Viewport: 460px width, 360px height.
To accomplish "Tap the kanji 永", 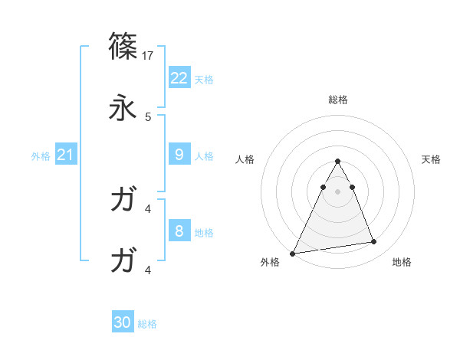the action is (123, 108).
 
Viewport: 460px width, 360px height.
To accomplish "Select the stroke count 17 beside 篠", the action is (149, 56).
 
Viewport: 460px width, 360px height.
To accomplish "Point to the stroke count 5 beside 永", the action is (148, 117).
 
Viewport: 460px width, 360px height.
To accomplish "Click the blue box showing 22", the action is (179, 77).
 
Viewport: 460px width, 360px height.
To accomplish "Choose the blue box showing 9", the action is (179, 154).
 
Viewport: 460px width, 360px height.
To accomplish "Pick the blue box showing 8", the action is (179, 230).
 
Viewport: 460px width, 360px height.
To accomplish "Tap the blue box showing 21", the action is (66, 155).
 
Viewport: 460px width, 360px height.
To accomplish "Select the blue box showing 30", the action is (123, 322).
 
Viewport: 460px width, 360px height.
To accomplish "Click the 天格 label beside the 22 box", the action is (204, 79).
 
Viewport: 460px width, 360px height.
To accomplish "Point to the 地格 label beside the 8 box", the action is (204, 232).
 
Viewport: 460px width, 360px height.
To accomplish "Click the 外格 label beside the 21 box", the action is (41, 156).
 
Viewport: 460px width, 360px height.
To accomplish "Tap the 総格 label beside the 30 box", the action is (147, 324).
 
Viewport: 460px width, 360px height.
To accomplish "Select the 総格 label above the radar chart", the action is (337, 100).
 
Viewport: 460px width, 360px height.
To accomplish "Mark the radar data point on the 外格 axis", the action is (293, 254).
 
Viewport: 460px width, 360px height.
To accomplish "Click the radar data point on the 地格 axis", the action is (374, 242).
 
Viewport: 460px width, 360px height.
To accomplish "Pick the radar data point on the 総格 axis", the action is (337, 161).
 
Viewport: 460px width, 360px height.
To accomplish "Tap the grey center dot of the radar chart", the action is (337, 191).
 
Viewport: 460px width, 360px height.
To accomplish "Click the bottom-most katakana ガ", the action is (123, 261).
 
